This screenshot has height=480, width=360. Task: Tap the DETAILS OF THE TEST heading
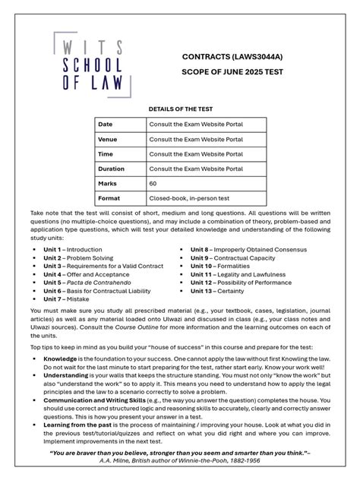tap(179, 109)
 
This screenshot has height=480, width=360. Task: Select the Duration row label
tap(111, 169)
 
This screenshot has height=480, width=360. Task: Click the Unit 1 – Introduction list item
tap(73, 249)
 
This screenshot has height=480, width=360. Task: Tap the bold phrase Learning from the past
tap(78, 425)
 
